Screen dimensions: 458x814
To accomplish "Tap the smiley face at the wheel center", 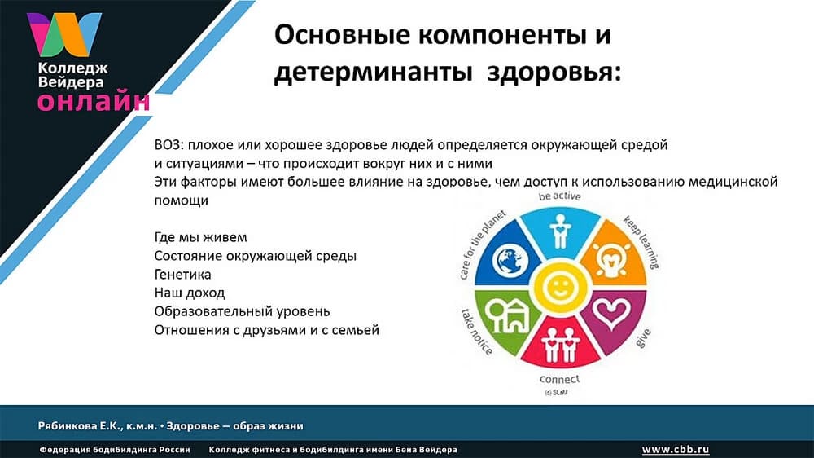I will click(558, 288).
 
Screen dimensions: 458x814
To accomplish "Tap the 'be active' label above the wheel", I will click(558, 198).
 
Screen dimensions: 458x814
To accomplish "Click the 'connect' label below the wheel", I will click(559, 380).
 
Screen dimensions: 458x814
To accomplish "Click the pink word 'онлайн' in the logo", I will click(93, 101).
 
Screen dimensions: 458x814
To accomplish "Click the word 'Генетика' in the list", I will click(183, 275).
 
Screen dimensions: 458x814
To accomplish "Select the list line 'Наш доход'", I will click(190, 293).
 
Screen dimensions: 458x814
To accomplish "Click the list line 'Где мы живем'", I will click(200, 237).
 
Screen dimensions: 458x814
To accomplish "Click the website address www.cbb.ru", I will click(676, 449).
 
